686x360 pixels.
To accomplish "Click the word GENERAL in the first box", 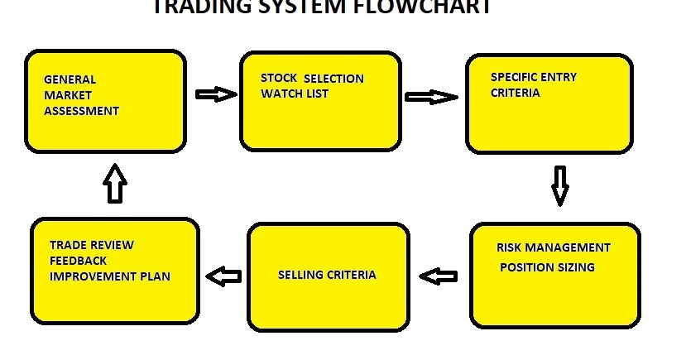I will [x=70, y=79].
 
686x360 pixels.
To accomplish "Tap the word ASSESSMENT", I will [x=81, y=111].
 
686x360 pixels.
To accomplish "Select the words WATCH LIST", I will [x=295, y=94].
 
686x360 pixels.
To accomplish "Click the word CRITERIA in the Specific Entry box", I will [x=515, y=93].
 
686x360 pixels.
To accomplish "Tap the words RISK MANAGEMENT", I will [x=553, y=247].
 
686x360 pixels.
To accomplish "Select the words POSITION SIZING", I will [x=547, y=267].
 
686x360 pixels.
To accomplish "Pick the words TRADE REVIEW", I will [x=91, y=245].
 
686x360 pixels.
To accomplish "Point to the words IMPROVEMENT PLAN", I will [x=109, y=276].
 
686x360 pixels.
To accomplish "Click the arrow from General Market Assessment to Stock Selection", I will [x=215, y=94].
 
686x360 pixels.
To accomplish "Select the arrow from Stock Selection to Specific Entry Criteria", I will [x=431, y=97].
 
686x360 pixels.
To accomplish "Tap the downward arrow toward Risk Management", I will [x=560, y=185].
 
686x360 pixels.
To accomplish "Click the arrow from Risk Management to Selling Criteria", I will [x=439, y=276].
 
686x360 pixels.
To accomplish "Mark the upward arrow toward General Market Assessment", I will [x=114, y=184].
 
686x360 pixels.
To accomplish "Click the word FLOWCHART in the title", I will [x=429, y=7].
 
